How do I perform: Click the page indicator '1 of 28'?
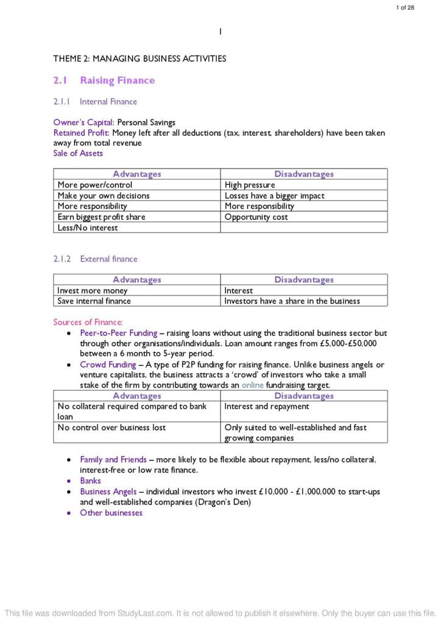tap(405, 7)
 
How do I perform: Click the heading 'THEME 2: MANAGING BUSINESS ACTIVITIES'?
tap(139, 59)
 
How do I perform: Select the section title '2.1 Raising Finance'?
tap(104, 80)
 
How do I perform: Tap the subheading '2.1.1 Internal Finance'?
tap(95, 102)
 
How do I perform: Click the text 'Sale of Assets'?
tap(78, 153)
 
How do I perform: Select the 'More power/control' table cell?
tap(95, 185)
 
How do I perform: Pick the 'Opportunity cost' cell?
tap(256, 217)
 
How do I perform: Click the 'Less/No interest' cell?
tap(88, 228)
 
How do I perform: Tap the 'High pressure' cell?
tap(250, 185)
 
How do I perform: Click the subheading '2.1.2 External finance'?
tap(95, 259)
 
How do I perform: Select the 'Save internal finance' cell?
tap(94, 301)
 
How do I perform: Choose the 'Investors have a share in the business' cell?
tap(292, 301)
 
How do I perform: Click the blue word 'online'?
tap(253, 385)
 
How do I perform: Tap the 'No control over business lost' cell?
tap(111, 428)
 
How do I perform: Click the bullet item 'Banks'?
tap(90, 481)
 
